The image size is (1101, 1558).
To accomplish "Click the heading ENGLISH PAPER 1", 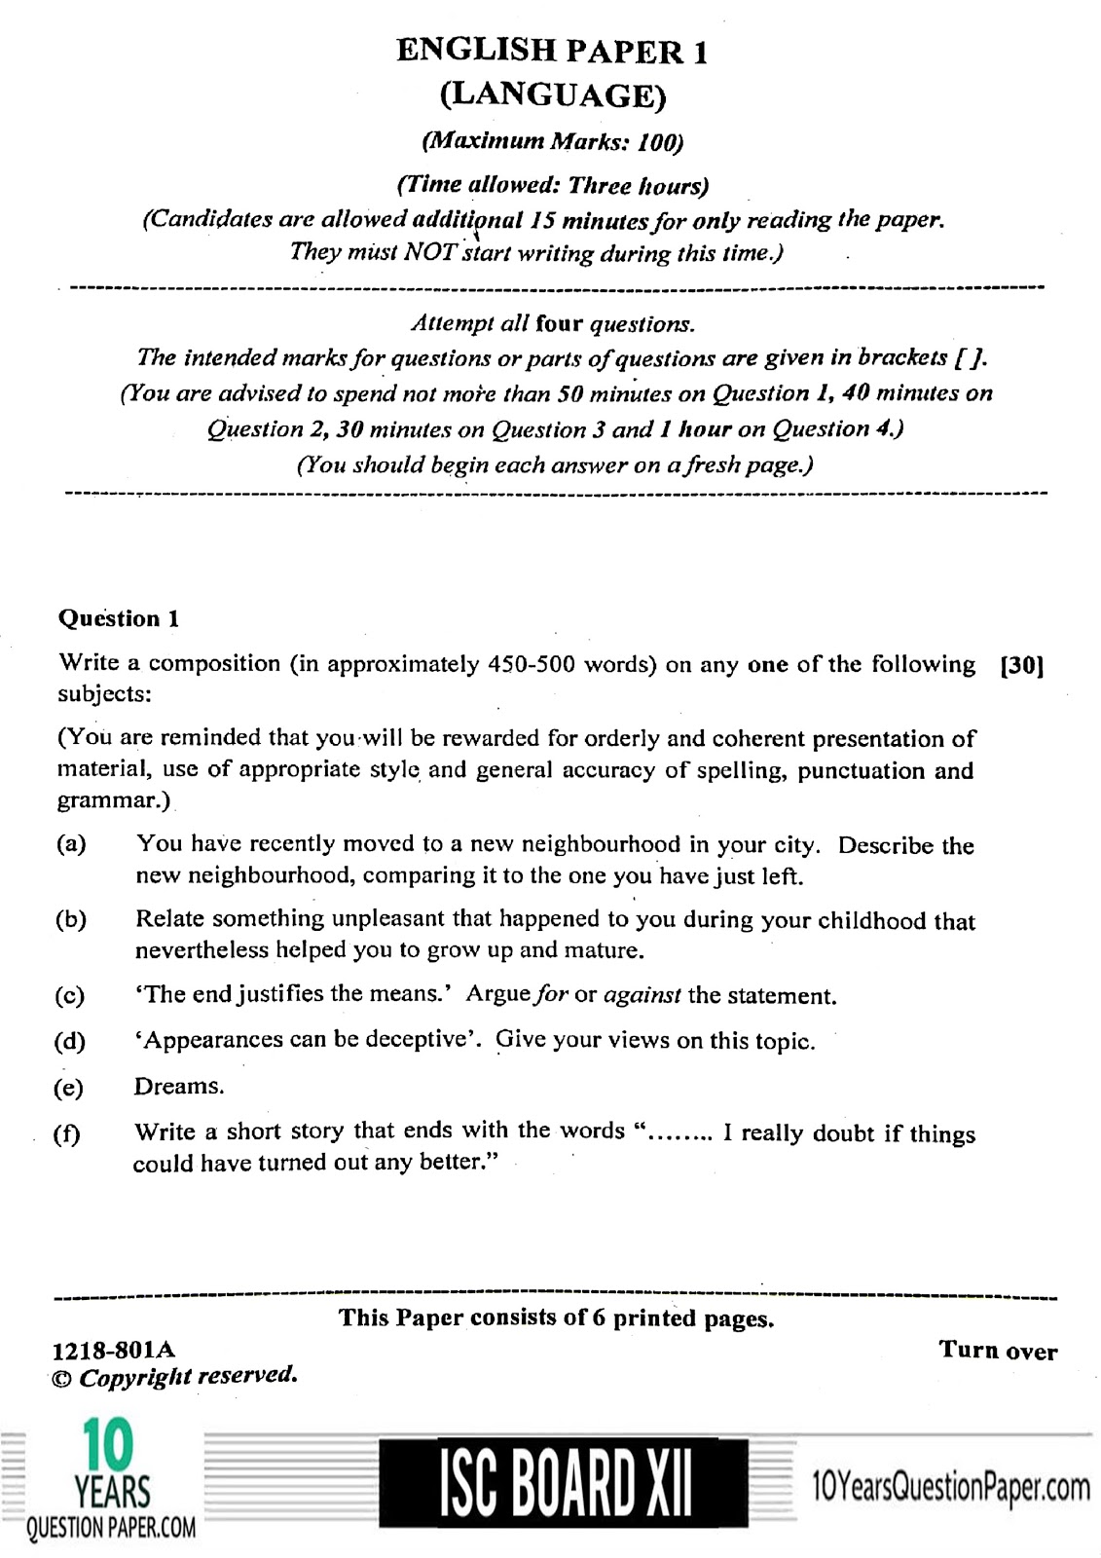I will coord(551,51).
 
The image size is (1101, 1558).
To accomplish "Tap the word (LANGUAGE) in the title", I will coord(551,94).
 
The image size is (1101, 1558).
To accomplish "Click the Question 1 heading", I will coord(119,618).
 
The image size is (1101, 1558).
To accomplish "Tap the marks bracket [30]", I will coord(1021,666).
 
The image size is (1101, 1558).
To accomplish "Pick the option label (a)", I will coord(72,844).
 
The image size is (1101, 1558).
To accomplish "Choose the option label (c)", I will coord(70,995).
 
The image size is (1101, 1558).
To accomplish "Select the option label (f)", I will coord(68,1134).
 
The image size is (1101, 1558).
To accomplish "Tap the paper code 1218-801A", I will coord(113,1350).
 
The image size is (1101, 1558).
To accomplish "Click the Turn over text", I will coord(998,1350).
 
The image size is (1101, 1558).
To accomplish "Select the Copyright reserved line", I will coord(175,1376).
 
